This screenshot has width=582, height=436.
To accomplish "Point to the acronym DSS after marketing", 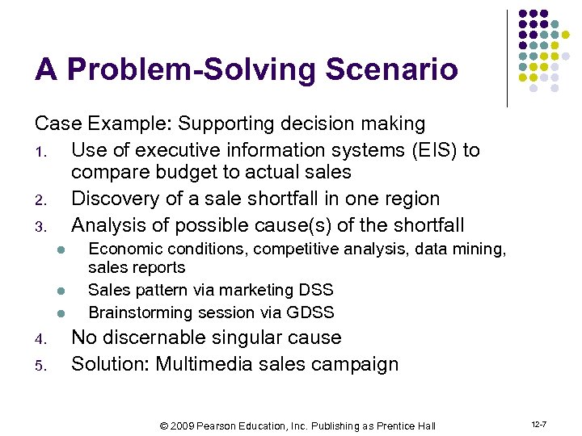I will tap(315, 290).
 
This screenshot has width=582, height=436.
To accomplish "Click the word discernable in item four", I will tap(157, 337).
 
